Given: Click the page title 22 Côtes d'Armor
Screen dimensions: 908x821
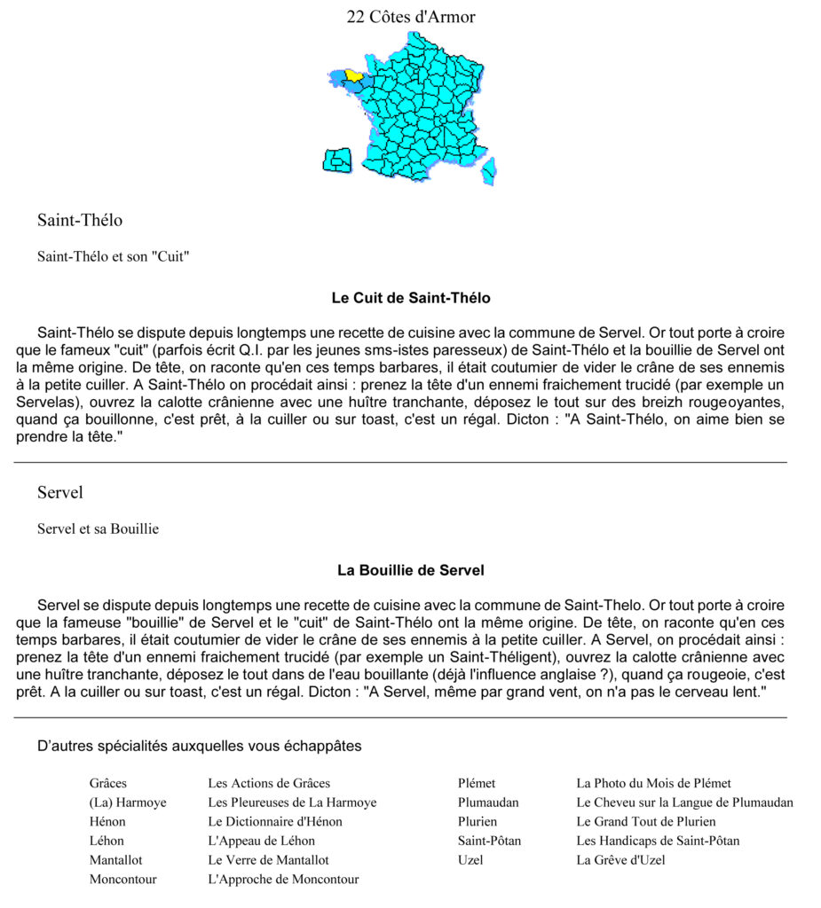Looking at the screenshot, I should pyautogui.click(x=410, y=17).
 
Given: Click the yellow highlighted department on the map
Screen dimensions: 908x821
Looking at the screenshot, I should pyautogui.click(x=353, y=75).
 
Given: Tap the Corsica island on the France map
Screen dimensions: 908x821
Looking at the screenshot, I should pyautogui.click(x=489, y=169).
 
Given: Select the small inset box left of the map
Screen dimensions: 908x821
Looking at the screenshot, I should pyautogui.click(x=337, y=160).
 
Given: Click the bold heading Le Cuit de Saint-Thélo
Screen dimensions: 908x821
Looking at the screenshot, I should pyautogui.click(x=410, y=298).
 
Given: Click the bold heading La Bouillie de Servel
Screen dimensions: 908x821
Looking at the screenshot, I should pyautogui.click(x=410, y=570).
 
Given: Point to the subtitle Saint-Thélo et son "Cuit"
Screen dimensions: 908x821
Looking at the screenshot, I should pyautogui.click(x=114, y=256).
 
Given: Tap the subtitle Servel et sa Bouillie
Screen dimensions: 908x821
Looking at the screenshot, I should pyautogui.click(x=98, y=528).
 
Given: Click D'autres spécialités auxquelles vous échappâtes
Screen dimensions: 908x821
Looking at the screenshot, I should pyautogui.click(x=200, y=746).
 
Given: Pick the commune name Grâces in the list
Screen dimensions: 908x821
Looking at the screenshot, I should pyautogui.click(x=108, y=783).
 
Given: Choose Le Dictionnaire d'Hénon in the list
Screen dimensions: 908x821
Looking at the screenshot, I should pyautogui.click(x=274, y=821).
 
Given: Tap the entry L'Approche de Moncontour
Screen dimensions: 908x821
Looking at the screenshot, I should pyautogui.click(x=283, y=879).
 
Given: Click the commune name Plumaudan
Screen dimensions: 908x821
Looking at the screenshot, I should pyautogui.click(x=488, y=802).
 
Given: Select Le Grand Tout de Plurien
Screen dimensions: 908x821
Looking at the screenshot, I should pyautogui.click(x=645, y=821).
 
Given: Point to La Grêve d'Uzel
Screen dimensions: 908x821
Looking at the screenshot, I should pyautogui.click(x=620, y=859).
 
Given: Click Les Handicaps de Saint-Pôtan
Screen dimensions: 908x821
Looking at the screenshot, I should pyautogui.click(x=658, y=841).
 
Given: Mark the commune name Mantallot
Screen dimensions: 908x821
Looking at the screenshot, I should pyautogui.click(x=115, y=859).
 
